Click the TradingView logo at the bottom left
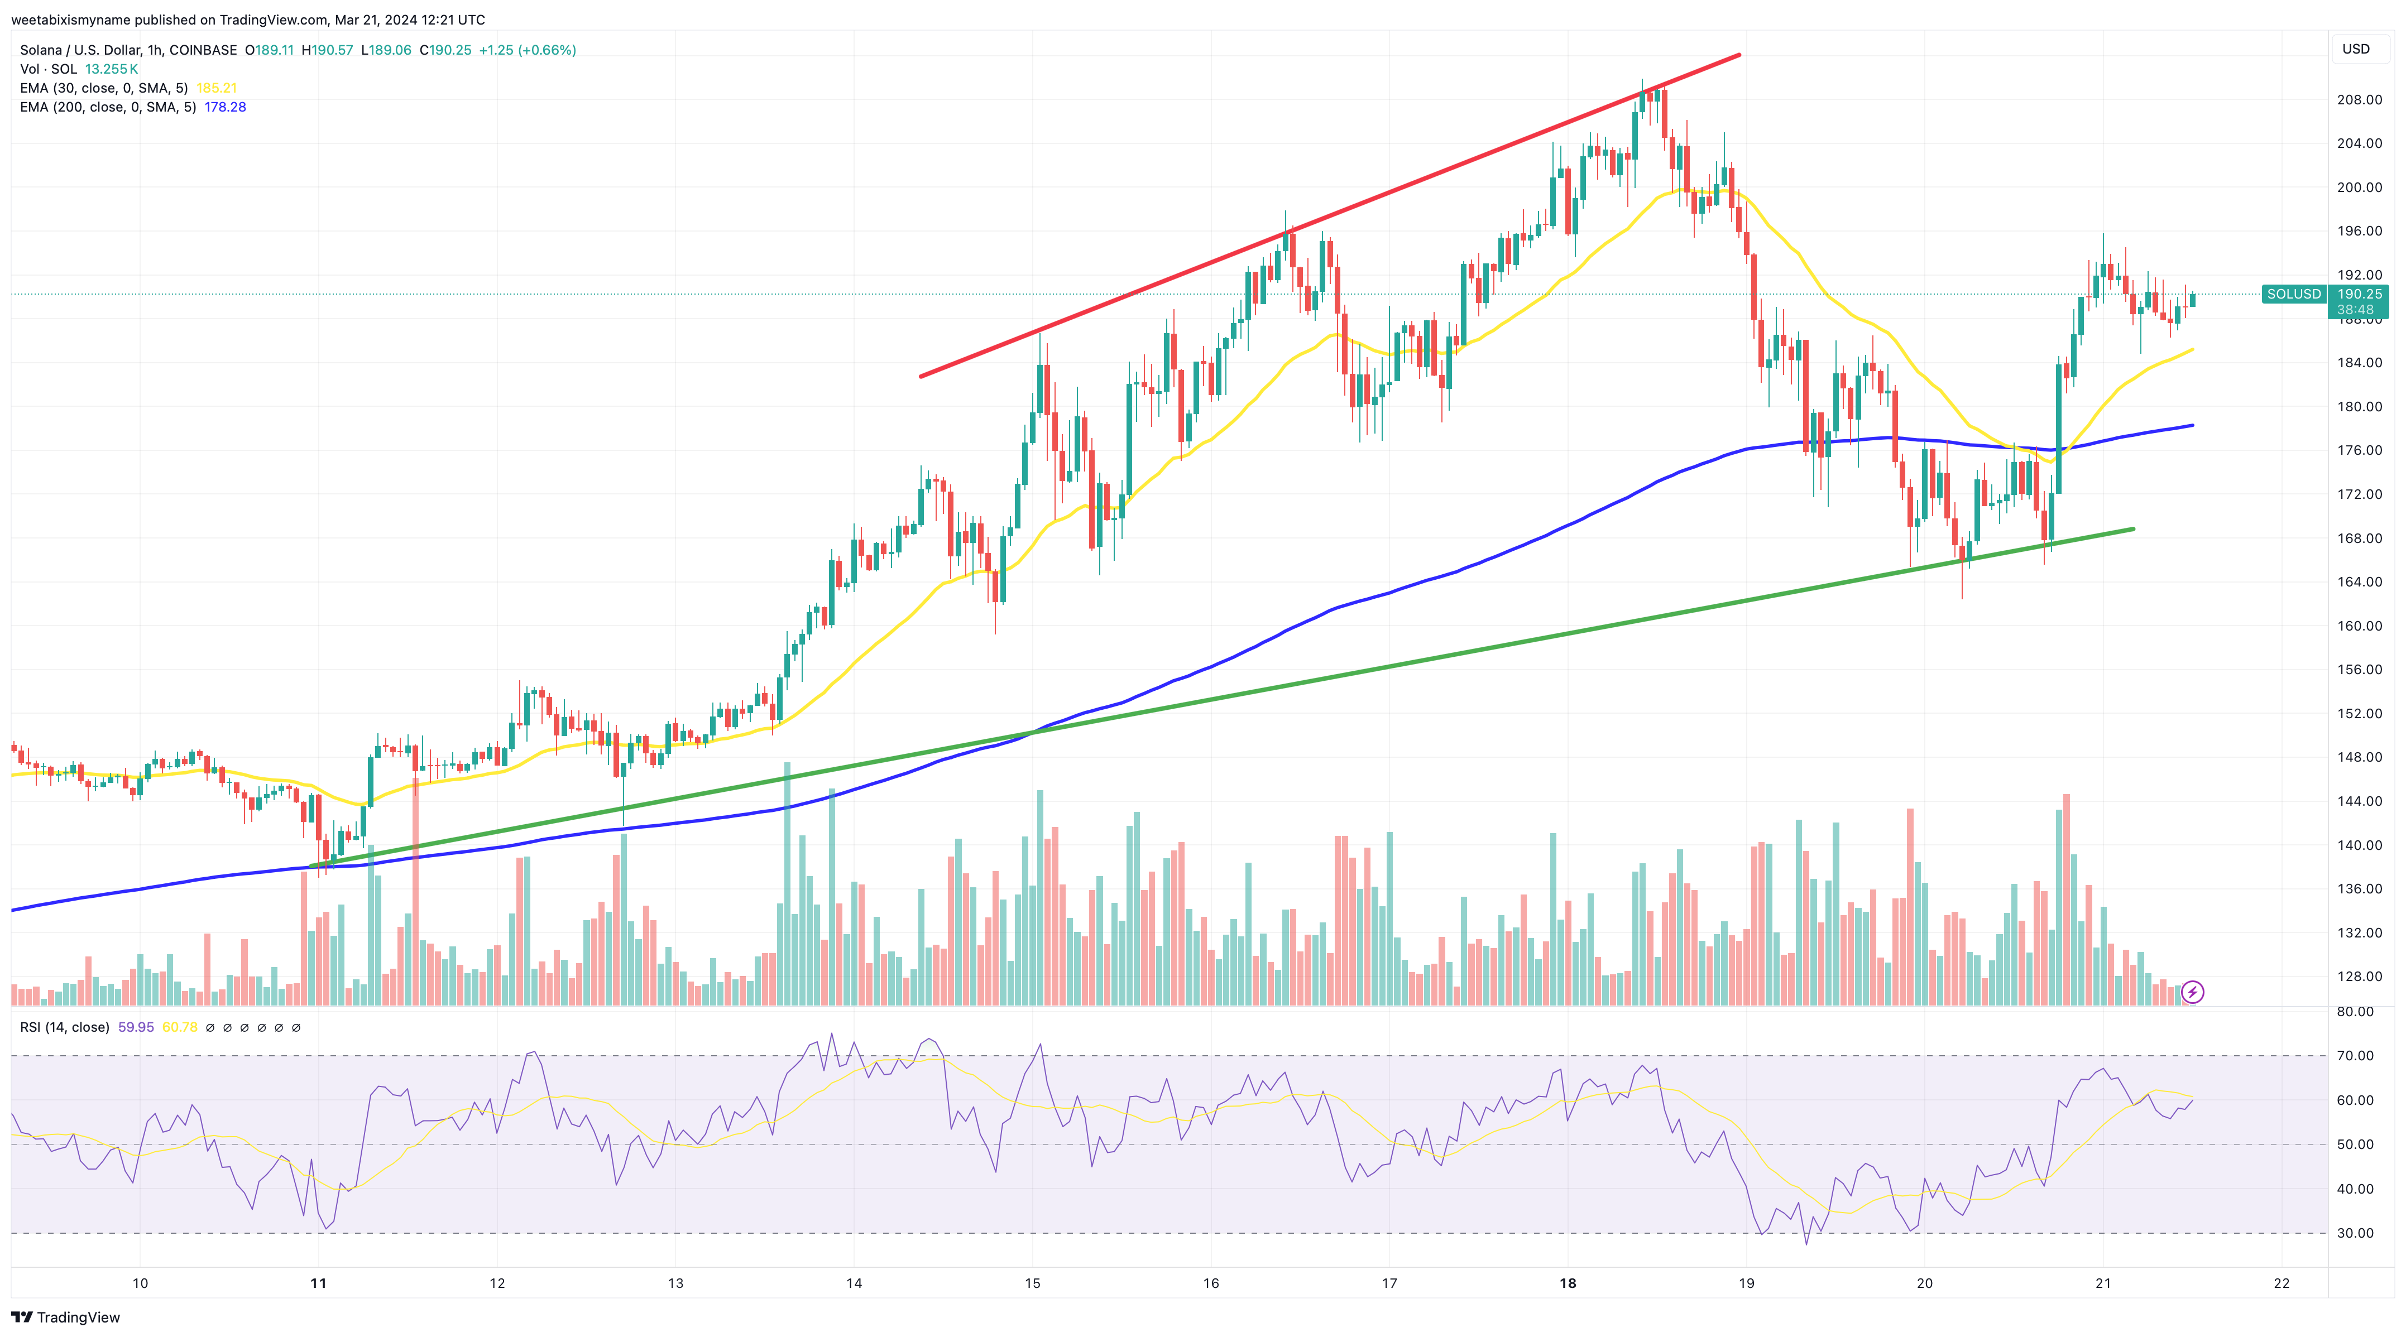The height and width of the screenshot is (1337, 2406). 65,1317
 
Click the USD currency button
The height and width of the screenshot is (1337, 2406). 2356,49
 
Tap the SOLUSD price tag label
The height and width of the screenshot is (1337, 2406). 2293,294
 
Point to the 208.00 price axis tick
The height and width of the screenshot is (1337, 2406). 2359,100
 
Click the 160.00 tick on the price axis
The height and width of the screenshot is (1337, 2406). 2359,626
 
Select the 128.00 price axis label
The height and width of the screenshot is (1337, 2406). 2359,977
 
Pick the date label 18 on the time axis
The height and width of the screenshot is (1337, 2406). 1568,1283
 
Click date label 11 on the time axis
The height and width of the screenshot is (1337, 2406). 319,1283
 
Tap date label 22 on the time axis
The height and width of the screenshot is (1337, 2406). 2282,1283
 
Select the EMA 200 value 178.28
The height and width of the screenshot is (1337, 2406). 225,107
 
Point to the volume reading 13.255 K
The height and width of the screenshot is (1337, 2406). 111,69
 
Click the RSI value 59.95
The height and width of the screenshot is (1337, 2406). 136,1027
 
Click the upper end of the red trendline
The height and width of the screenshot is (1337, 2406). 1738,55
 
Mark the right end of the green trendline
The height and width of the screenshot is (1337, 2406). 2132,530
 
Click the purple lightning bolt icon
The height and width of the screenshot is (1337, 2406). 2192,992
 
